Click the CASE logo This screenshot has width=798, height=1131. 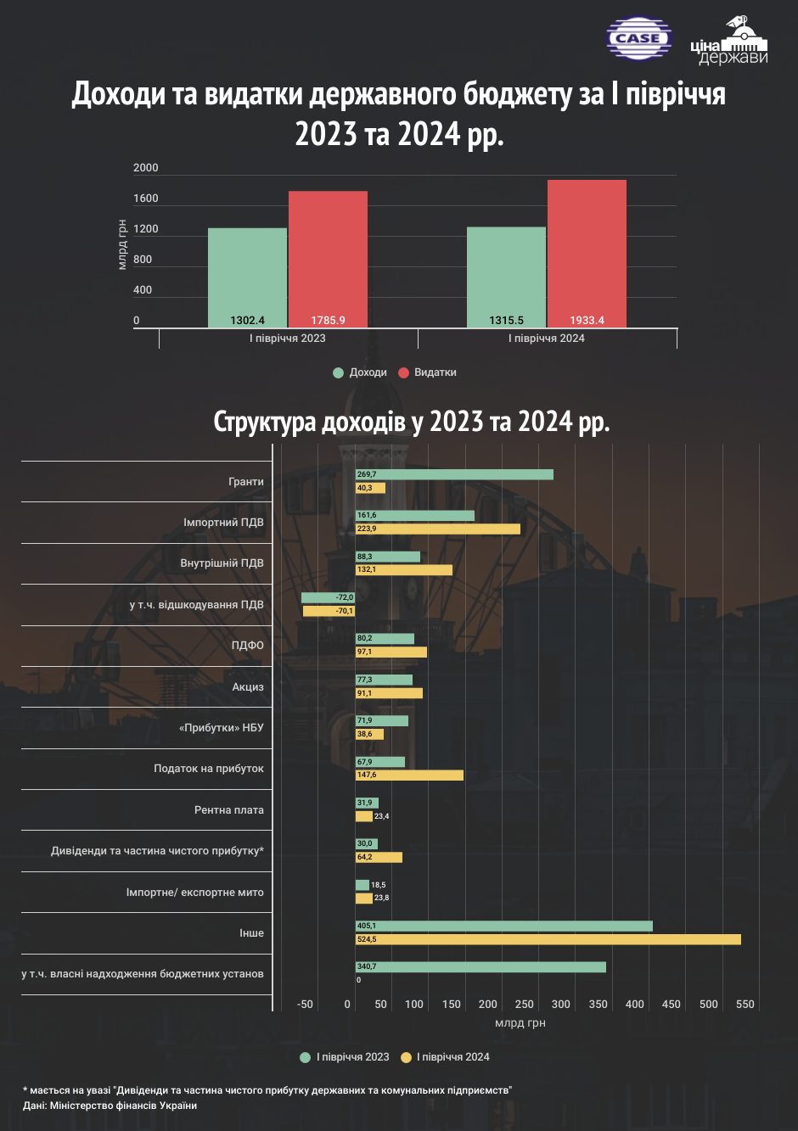click(639, 38)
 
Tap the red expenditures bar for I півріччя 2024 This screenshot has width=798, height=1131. click(587, 254)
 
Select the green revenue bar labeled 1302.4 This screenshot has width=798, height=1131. click(248, 277)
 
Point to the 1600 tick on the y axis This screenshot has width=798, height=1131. click(145, 199)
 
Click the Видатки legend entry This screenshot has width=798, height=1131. click(427, 372)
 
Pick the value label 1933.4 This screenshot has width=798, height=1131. click(587, 320)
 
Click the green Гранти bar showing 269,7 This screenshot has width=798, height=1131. click(454, 474)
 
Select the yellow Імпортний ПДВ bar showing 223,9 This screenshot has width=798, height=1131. click(438, 529)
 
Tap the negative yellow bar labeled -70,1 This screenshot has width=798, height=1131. click(329, 611)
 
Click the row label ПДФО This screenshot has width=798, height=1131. click(248, 646)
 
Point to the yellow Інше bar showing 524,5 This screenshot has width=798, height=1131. click(548, 939)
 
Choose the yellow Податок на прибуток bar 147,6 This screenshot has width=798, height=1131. click(409, 775)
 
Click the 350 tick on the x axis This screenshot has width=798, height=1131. click(598, 1005)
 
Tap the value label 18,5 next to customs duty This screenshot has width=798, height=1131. click(379, 885)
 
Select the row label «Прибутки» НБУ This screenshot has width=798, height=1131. click(222, 728)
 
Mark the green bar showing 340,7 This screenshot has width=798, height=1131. click(480, 967)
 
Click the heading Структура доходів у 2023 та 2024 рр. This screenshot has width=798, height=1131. click(412, 422)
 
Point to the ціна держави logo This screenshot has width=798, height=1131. click(729, 41)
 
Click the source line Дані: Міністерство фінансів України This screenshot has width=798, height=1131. click(110, 1106)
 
